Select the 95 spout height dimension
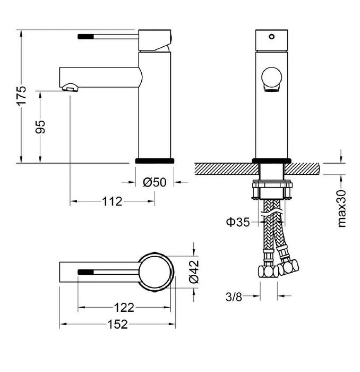pos(40,127)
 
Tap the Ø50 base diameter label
pos(155,182)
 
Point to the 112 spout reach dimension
pos(112,201)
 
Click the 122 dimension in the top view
pos(124,308)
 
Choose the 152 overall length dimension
pos(117,324)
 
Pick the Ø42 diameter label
pos(194,272)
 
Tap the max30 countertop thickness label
pos(341,208)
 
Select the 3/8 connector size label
pos(234,297)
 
